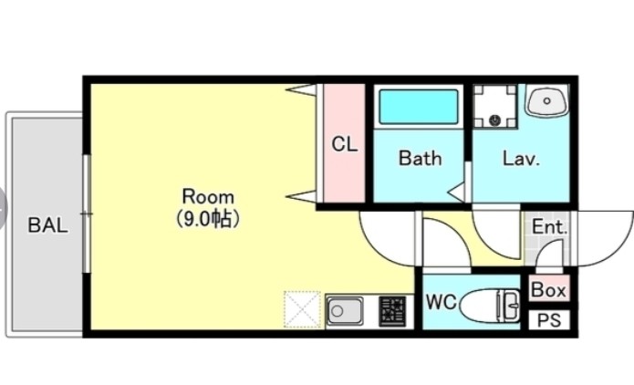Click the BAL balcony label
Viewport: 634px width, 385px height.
(47, 225)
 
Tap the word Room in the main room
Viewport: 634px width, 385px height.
(208, 197)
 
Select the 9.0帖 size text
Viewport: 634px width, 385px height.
(208, 219)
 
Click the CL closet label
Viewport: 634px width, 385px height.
(345, 144)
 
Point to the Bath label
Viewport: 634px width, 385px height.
(420, 158)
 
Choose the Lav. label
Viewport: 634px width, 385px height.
(521, 159)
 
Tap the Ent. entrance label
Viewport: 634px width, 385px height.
(549, 227)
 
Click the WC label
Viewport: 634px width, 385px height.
(442, 302)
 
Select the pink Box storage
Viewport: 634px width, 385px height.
(548, 289)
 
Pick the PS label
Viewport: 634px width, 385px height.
(549, 320)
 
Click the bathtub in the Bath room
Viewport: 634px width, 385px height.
(419, 107)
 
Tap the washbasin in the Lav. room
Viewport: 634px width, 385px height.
(546, 100)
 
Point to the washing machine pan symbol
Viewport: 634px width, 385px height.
(495, 107)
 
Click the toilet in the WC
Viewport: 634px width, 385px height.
(490, 306)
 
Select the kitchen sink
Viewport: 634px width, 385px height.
(345, 311)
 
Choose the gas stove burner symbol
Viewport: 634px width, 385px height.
(392, 311)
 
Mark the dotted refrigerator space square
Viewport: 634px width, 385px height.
(302, 309)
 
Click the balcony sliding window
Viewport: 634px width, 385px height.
(87, 213)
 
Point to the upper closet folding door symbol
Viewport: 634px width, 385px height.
(301, 89)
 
